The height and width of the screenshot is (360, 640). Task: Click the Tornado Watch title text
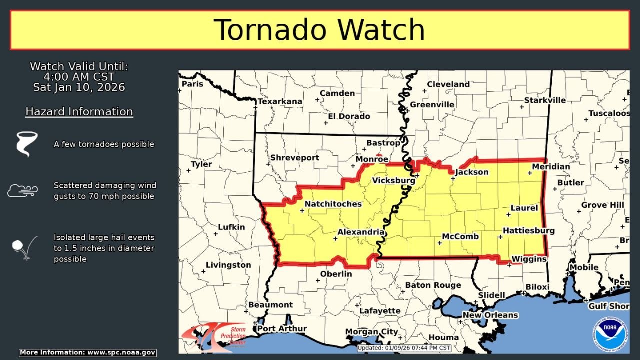coord(319,30)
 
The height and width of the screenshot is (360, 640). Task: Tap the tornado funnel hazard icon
coord(26,144)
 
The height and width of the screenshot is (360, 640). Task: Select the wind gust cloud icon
coord(22,190)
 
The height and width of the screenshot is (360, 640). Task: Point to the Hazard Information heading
coord(79,111)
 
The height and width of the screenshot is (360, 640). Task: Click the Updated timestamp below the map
coord(404,348)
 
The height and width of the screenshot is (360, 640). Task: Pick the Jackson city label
coord(472,172)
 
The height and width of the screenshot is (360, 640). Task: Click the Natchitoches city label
coord(333,204)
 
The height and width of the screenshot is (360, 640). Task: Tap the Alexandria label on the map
coord(361,232)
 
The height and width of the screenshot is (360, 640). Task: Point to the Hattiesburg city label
coord(528,230)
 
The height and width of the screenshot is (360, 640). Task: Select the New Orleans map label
coord(490,315)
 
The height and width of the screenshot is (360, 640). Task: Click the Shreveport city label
coord(294,158)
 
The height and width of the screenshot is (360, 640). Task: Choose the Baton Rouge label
coord(433,285)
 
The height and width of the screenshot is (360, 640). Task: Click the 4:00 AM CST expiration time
coord(79,77)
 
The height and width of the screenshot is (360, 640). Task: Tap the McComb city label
coord(460,236)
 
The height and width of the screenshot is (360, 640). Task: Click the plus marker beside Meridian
coord(529,173)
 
